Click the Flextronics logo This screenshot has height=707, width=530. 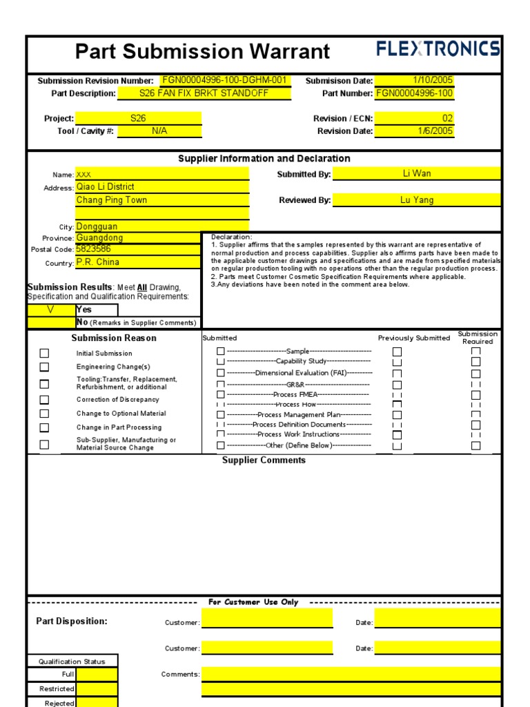[438, 49]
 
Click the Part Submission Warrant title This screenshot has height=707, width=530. [202, 51]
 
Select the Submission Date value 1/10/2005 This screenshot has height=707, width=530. [414, 80]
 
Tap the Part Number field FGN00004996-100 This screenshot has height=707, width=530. [414, 93]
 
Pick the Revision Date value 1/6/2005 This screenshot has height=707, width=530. [414, 130]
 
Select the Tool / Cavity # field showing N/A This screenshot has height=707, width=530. [159, 130]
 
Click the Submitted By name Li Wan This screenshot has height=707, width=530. [417, 173]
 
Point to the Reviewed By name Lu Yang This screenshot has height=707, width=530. [417, 200]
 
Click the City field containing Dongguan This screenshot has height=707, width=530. [162, 226]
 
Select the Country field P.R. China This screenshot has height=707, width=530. [162, 262]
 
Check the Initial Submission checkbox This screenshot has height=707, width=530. [44, 353]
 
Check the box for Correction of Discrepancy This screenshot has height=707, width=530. [44, 400]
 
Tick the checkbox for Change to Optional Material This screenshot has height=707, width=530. [44, 414]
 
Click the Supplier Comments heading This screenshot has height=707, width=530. [264, 461]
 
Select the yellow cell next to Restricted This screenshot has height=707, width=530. [97, 689]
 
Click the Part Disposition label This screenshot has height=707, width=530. [72, 621]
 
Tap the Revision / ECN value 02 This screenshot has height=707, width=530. [414, 118]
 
